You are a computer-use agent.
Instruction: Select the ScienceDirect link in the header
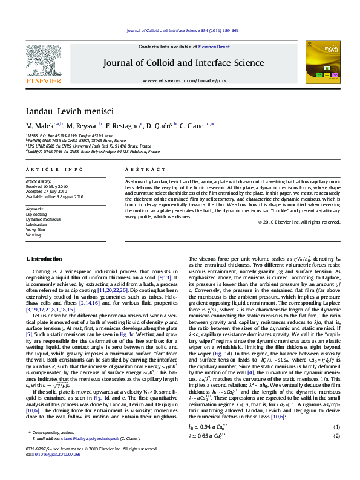214,47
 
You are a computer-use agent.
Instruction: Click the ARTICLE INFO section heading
47,171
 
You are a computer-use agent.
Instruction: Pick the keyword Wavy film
35,230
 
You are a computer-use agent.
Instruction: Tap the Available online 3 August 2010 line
54,197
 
